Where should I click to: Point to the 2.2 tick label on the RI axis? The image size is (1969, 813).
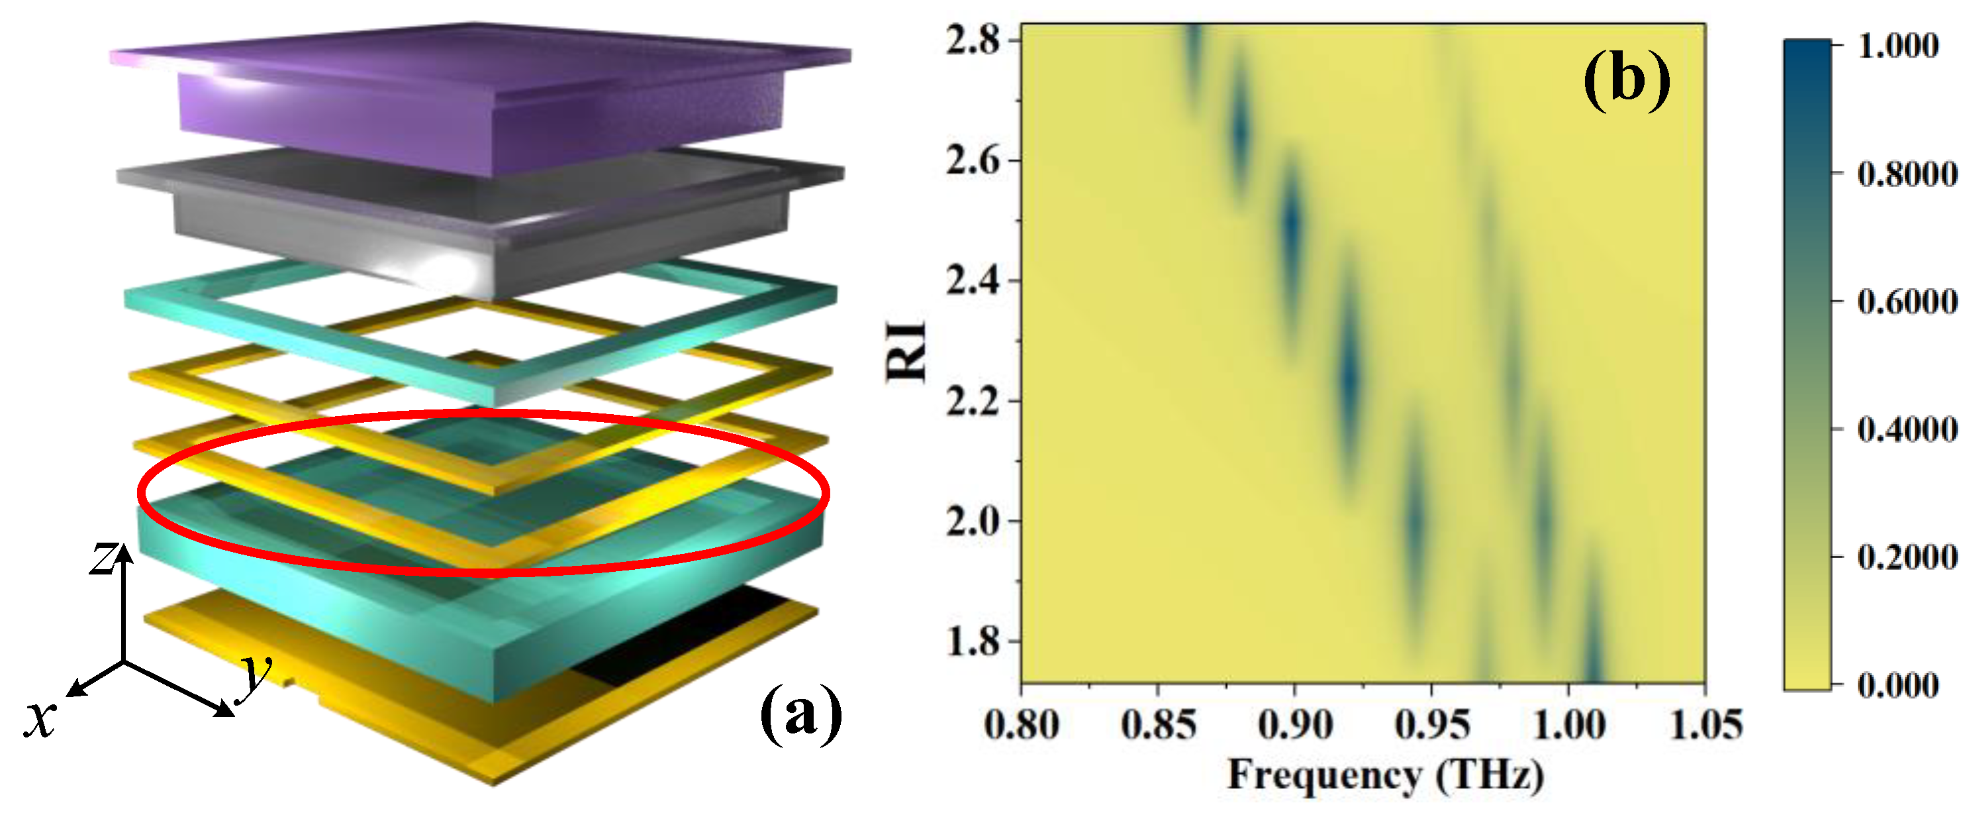point(971,401)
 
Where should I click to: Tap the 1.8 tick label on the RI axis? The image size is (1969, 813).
point(971,641)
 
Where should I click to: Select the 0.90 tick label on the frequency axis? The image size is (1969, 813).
point(1295,724)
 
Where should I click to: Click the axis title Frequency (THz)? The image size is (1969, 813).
point(1385,775)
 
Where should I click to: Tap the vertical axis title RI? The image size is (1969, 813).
point(906,351)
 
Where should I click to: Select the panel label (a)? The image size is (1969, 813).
point(800,713)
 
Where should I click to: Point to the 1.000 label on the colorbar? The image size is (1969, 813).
point(1897,46)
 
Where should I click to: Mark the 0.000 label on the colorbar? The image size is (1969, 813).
point(1897,684)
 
